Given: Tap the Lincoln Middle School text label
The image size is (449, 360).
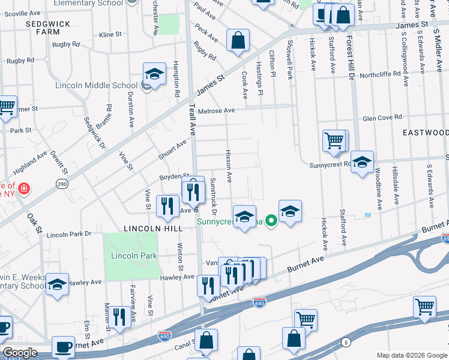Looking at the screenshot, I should pos(96,85).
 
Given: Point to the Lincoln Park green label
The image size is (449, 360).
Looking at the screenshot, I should pos(134,256).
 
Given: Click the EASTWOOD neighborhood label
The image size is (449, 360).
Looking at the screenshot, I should pos(425,132).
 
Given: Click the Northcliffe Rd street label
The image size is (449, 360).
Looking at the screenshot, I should pos(384,76).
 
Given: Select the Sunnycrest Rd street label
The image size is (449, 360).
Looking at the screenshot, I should pos(330,165).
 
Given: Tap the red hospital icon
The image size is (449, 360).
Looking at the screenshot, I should pos(23,190).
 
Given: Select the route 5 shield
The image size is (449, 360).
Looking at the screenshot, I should pos(346,343).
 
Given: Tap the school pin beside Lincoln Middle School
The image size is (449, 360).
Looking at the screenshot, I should pos(154,74).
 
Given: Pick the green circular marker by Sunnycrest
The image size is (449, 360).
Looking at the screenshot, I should pos(271,221).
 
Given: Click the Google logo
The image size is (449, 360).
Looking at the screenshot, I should pos(20,353).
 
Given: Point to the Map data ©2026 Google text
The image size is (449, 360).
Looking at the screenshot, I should pos(411,355).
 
